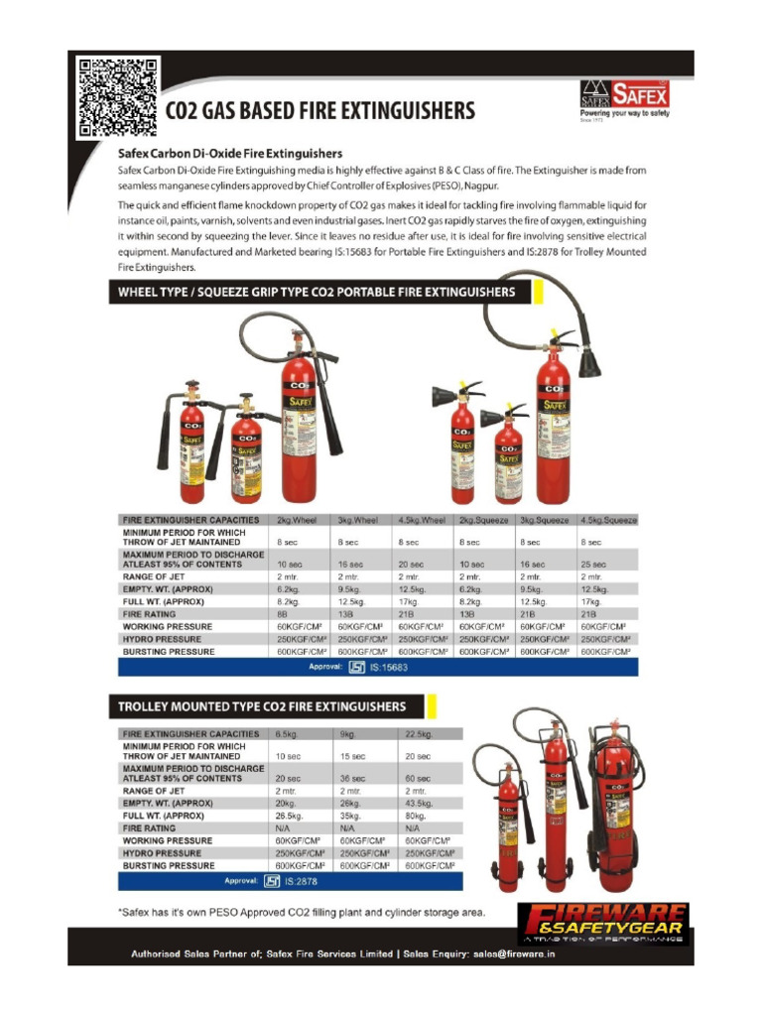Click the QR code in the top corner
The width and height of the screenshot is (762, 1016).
pos(118,97)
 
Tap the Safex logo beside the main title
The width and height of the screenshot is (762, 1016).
pos(624,98)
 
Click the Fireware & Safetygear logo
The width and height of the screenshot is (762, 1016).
pos(602,924)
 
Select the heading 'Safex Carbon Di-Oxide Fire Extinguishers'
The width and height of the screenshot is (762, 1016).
pos(230,154)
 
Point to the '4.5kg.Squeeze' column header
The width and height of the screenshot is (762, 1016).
pos(607,519)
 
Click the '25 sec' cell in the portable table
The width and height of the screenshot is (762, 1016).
pos(592,564)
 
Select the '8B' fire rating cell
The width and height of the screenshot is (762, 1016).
pos(282,614)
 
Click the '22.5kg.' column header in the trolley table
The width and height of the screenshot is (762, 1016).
pos(418,734)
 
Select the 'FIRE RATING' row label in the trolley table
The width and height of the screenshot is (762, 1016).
pos(150,827)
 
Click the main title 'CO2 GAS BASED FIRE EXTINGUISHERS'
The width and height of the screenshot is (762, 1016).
pos(319,111)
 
